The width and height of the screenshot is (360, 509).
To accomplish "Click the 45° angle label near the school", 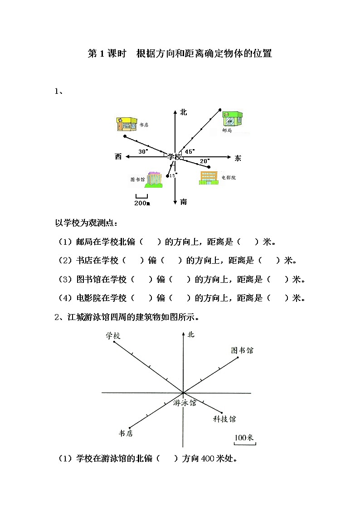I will coord(190,152).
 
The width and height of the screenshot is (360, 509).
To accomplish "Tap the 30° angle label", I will coord(143,152).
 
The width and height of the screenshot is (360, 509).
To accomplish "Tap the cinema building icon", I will coord(209,177).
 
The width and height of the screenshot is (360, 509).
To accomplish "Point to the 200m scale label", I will coord(142,203).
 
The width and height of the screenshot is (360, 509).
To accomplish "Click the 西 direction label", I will coord(118,157).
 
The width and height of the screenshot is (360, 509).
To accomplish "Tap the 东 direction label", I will coord(238,158).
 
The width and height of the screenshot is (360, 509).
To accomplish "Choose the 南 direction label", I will coord(183,202).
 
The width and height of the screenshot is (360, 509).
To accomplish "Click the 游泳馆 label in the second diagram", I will coord(185,402).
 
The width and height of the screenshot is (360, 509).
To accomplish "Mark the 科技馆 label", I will coord(224,419).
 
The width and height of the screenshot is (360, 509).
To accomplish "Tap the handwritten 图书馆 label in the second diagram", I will coord(242,350).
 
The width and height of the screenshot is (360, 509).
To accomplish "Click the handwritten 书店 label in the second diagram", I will coord(126,434).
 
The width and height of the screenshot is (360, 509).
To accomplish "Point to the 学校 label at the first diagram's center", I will coord(175,157).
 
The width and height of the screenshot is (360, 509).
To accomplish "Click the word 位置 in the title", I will coord(263,53).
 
